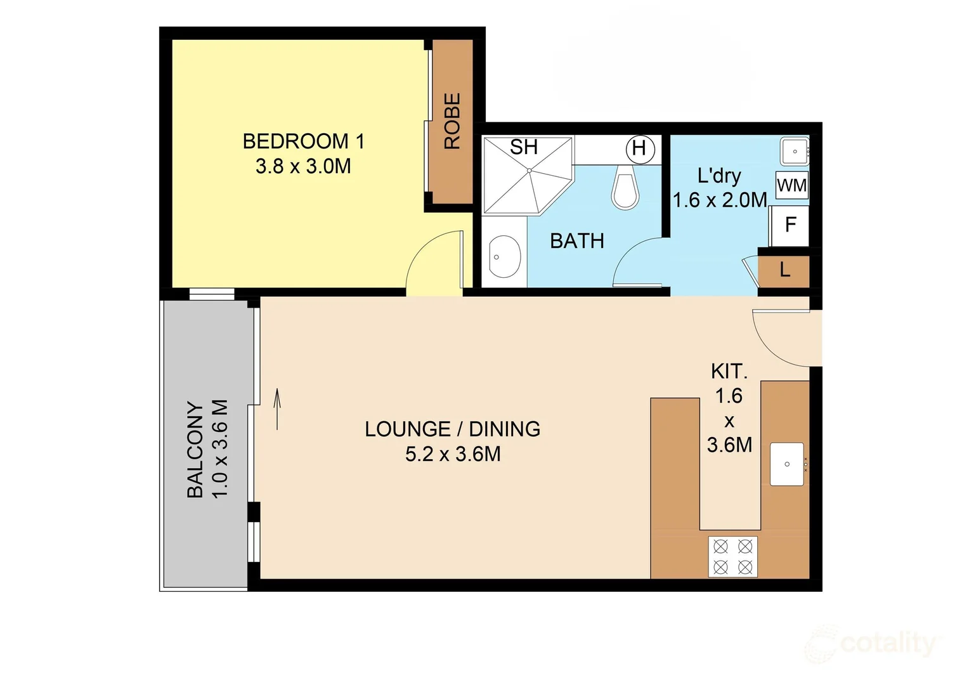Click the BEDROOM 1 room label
[x=303, y=141]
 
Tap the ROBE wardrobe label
[x=452, y=121]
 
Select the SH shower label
[x=524, y=147]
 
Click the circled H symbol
[x=639, y=148]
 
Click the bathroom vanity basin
[x=504, y=257]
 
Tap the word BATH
[x=576, y=241]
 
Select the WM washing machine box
[x=791, y=185]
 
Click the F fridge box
[x=790, y=225]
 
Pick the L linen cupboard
[x=784, y=270]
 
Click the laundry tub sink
[x=794, y=152]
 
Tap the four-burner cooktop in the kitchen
[x=732, y=556]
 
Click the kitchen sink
[x=787, y=464]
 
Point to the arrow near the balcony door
[x=277, y=409]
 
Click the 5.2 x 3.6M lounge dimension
[x=453, y=454]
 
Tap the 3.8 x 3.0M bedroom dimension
[x=303, y=167]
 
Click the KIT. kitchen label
[x=729, y=371]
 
